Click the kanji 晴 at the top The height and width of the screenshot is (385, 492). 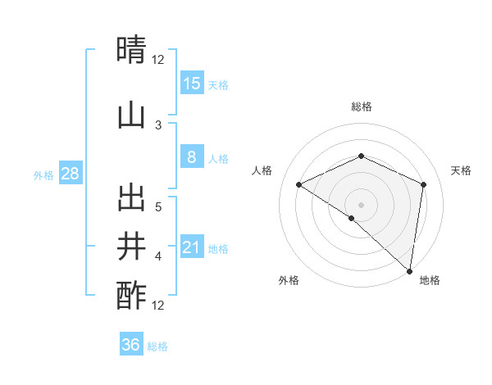click(132, 51)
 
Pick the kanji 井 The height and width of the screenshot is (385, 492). click(132, 246)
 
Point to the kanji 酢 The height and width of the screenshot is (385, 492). click(132, 295)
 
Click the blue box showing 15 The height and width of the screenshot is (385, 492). click(192, 84)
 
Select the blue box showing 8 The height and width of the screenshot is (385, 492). click(192, 157)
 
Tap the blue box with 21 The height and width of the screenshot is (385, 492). click(192, 247)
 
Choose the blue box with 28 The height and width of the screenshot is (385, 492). click(70, 174)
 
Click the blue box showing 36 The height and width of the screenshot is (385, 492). click(131, 345)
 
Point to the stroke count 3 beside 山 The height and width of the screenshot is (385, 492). click(158, 125)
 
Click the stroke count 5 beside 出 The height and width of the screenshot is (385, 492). click(158, 207)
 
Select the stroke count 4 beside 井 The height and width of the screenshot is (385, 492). click(158, 256)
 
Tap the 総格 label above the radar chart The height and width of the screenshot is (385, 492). click(361, 106)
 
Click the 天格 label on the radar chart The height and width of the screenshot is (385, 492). click(461, 170)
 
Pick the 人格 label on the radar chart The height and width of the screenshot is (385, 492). click(262, 170)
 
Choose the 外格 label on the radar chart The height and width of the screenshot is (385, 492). click(288, 280)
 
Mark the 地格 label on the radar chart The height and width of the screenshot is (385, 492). click(430, 280)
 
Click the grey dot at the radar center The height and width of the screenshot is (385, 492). click(361, 204)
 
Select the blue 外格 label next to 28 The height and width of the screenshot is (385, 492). click(43, 174)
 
